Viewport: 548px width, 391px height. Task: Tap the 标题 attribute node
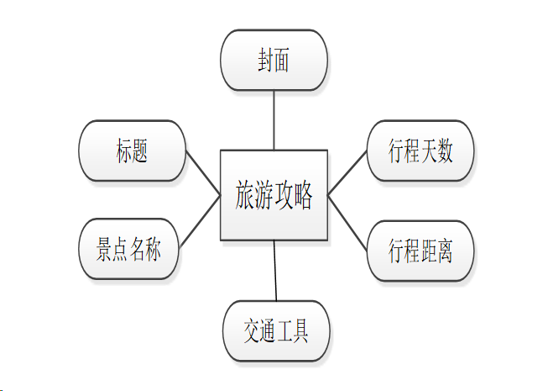point(132,151)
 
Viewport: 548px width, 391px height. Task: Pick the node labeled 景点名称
point(128,249)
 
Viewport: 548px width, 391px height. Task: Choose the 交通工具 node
point(276,331)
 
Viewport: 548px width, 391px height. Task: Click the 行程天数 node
point(420,151)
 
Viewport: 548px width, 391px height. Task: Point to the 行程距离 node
point(420,250)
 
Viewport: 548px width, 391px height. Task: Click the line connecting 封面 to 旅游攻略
point(274,119)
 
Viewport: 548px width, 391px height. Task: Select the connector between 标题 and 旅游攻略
point(202,173)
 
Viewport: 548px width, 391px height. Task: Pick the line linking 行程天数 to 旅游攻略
point(347,173)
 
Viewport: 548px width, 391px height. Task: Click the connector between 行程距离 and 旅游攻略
point(347,219)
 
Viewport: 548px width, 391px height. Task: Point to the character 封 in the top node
point(266,61)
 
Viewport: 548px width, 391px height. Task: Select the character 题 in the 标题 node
point(140,151)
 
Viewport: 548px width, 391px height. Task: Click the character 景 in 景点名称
point(103,250)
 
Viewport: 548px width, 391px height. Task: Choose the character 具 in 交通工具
point(300,331)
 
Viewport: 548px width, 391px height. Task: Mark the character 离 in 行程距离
point(445,250)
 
